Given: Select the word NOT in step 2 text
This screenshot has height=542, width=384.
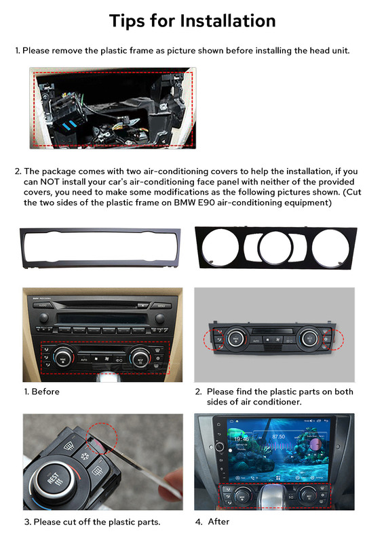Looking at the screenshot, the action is click(50, 182).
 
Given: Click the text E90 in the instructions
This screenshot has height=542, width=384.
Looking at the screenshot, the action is click(206, 203).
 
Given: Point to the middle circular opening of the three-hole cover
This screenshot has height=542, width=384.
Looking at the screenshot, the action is click(275, 247).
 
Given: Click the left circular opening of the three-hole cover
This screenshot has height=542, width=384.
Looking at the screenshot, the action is click(220, 247).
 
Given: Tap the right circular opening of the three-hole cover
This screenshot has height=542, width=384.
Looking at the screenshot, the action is click(330, 248).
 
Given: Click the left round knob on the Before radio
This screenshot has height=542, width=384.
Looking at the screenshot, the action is click(44, 318).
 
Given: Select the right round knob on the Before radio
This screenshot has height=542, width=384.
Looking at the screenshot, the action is click(159, 318).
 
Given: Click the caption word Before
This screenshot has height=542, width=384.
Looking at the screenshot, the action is click(45, 392).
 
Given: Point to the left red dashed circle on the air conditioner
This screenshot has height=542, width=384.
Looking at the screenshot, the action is click(214, 340).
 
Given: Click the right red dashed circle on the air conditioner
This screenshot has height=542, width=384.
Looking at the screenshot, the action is click(333, 339).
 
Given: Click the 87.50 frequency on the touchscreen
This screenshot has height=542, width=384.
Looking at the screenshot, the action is click(278, 436).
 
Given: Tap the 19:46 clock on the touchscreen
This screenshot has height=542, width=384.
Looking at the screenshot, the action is click(242, 439).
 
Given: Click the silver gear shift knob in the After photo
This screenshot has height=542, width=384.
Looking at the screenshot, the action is click(273, 495).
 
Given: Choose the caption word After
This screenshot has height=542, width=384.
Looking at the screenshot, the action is click(218, 522).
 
